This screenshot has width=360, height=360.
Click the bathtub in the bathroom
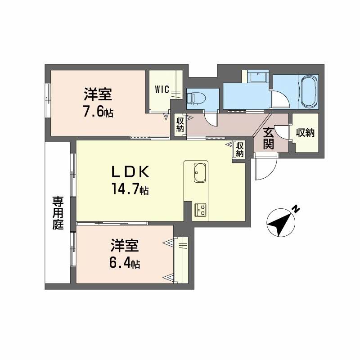[x=309, y=92]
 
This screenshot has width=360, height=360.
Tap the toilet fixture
[x=195, y=98]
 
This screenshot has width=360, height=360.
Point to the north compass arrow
[x=280, y=222]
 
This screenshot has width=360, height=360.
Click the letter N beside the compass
[x=295, y=208]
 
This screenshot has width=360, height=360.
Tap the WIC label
[x=162, y=89]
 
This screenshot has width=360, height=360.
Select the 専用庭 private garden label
[x=58, y=212]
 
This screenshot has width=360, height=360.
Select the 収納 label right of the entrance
[x=305, y=133]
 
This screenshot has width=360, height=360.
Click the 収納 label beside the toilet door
[x=180, y=124]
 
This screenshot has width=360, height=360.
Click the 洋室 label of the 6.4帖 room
[x=125, y=246]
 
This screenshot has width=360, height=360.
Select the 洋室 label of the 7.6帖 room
[x=98, y=95]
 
